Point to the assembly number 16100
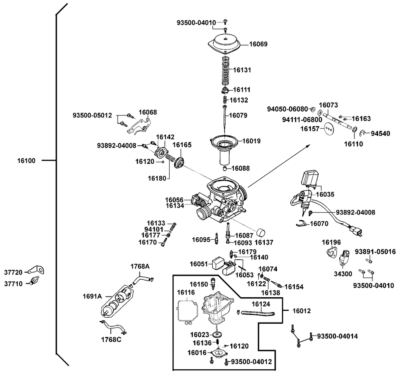click(x=26, y=161)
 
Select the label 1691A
click(x=92, y=296)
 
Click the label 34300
click(x=342, y=275)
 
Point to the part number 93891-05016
click(x=376, y=251)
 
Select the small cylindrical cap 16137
click(x=261, y=232)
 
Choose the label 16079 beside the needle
click(x=238, y=115)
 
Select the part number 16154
click(x=294, y=287)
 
